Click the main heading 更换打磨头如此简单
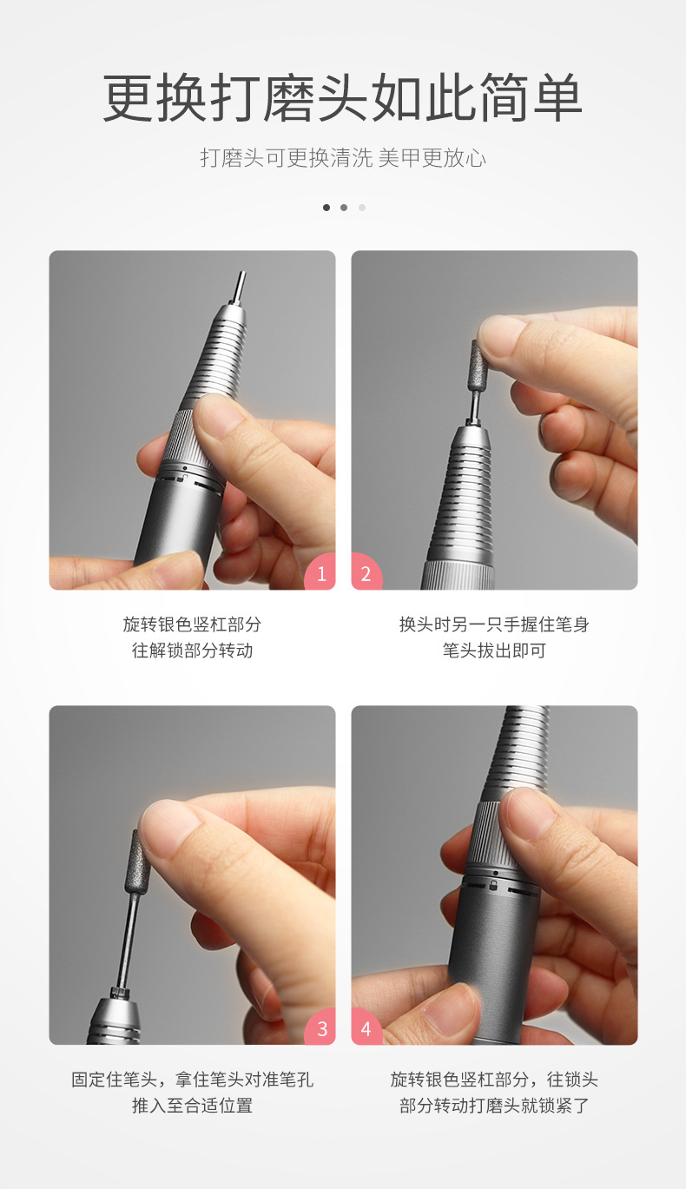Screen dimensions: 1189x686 pos(343,99)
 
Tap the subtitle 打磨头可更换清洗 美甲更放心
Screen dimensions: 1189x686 pos(343,158)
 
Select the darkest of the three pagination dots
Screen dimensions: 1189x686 pos(327,208)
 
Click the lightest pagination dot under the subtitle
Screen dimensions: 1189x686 pos(362,208)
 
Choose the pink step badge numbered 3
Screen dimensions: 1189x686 pos(321,1029)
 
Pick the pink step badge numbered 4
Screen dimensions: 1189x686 pos(366,1029)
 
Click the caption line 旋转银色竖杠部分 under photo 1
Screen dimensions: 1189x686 pos(192,624)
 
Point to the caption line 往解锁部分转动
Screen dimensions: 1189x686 pos(192,651)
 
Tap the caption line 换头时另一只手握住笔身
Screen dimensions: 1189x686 pos(494,624)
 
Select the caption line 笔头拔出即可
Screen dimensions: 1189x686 pos(494,651)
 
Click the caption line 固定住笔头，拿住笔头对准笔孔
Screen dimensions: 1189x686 pos(192,1080)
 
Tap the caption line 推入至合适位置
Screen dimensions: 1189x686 pos(192,1106)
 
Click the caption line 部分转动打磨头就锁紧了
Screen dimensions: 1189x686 pos(494,1106)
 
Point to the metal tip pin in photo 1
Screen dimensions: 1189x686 pos(240,287)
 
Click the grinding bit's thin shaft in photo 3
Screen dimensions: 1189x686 pos(128,934)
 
